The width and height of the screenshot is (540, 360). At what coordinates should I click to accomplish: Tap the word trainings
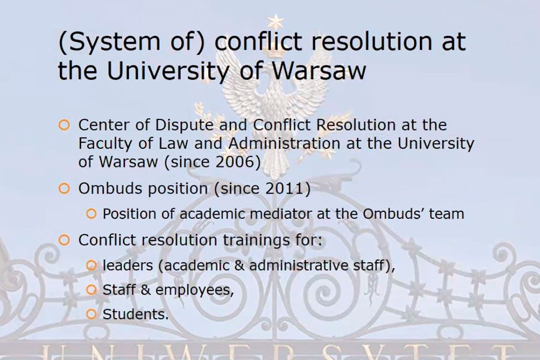(257, 240)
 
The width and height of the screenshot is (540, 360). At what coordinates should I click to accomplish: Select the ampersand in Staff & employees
(146, 290)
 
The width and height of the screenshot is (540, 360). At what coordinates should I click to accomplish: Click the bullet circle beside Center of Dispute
(64, 125)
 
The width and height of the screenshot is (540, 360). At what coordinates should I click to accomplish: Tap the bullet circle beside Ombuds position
(64, 188)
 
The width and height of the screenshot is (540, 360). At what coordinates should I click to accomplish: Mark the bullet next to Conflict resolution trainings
(64, 240)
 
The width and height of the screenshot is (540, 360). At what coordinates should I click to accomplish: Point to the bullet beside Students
(91, 314)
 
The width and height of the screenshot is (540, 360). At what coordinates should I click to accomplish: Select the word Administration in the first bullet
(284, 143)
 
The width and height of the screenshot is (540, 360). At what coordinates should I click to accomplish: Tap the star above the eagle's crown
(275, 22)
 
